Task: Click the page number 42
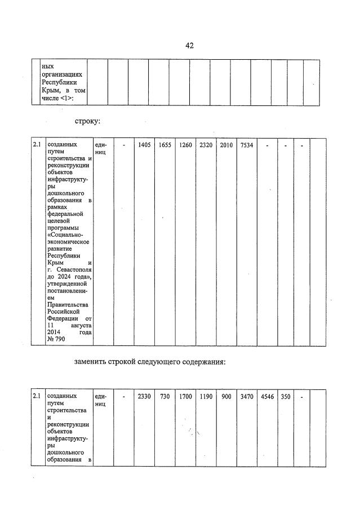point(189,46)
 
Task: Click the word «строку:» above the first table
point(87,121)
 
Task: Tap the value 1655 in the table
point(165,145)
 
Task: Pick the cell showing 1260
point(185,145)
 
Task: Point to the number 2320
point(206,145)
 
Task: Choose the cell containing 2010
point(226,145)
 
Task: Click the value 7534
point(247,145)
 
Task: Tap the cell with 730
point(165,397)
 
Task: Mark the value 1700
point(185,397)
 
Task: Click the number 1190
point(206,397)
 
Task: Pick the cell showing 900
point(226,397)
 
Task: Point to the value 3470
point(247,397)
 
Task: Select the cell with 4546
point(267,397)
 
